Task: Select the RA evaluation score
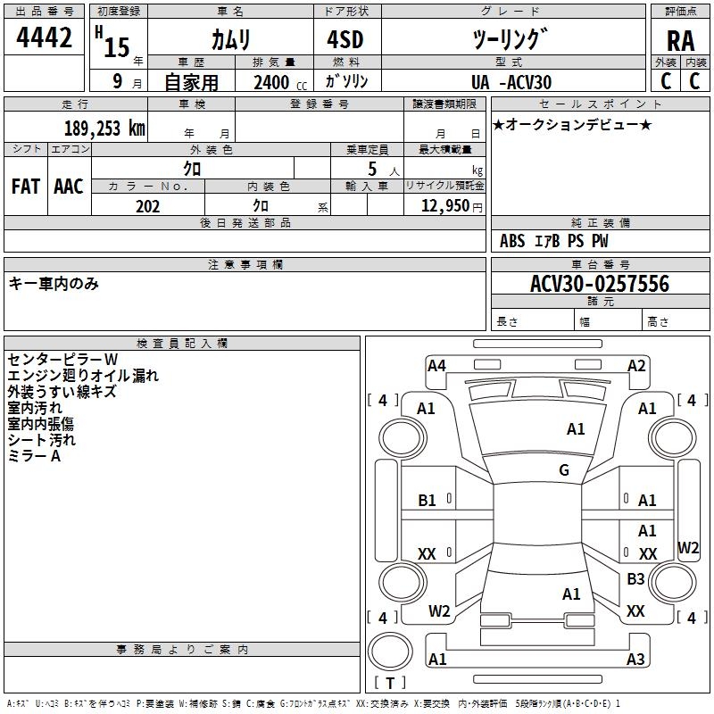click(x=680, y=40)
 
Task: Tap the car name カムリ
click(x=230, y=38)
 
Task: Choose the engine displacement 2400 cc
click(x=273, y=82)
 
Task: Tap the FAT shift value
click(x=26, y=187)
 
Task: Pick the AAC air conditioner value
click(x=69, y=187)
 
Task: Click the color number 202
click(x=148, y=206)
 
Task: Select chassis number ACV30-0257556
click(x=599, y=284)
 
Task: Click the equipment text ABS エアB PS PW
click(x=554, y=241)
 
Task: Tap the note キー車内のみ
click(x=54, y=284)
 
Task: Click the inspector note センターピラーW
click(x=68, y=359)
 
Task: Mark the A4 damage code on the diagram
click(x=436, y=365)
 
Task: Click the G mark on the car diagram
click(x=564, y=470)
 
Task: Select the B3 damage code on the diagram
click(x=635, y=579)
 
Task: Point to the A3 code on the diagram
click(x=635, y=660)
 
